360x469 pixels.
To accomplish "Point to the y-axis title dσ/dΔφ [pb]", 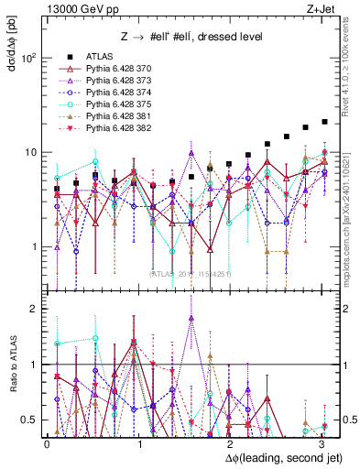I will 12,47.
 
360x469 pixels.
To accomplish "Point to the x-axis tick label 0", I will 47,444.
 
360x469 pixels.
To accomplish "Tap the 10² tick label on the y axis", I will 29,58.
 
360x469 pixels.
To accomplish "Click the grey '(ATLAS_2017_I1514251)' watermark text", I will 191,272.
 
